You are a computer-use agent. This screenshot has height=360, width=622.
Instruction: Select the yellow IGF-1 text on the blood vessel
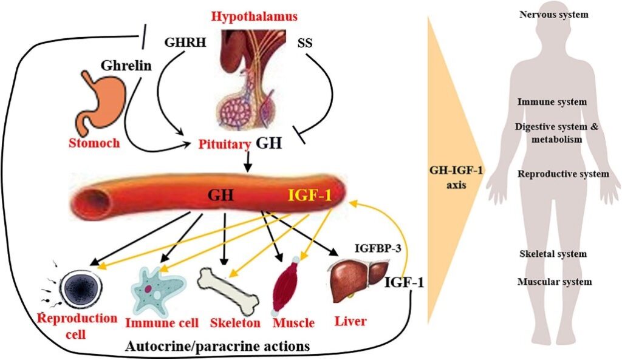[308, 195]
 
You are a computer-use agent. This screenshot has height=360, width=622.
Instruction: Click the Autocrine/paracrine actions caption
[217, 346]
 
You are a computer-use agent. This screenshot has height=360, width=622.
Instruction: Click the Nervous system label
[553, 14]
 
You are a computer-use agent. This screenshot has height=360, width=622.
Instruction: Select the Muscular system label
[554, 282]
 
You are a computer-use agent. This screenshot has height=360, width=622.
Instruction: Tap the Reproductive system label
[562, 174]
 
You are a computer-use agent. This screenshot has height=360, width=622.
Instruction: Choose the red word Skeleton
[235, 322]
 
